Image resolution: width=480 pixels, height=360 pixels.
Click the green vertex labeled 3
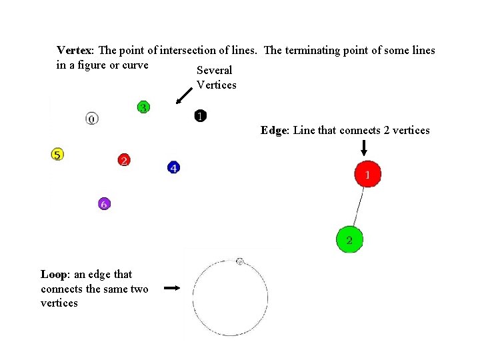point(143,107)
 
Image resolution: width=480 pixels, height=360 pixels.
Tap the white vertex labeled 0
point(92,119)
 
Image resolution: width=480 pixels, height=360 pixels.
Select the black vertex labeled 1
point(200,116)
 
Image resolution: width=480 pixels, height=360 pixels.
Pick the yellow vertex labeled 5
point(57,155)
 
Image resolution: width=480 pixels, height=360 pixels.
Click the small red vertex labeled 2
point(124,160)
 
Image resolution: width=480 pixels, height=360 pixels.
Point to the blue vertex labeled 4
point(173,167)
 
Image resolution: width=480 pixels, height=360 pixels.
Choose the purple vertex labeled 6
point(103,204)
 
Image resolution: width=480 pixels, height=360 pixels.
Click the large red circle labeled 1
point(367,175)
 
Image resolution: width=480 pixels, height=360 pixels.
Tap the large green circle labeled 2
point(349,239)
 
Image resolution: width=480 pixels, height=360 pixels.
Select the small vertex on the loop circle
point(240,261)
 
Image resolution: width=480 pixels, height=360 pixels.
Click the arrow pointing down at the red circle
point(373,148)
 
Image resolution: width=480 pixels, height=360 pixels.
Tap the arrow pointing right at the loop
point(172,289)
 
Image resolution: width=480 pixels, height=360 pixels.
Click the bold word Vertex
point(76,51)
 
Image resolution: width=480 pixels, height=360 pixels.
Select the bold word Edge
point(273,131)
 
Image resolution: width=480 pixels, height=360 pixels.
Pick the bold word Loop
point(53,275)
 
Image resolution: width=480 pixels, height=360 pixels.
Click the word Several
point(215,71)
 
